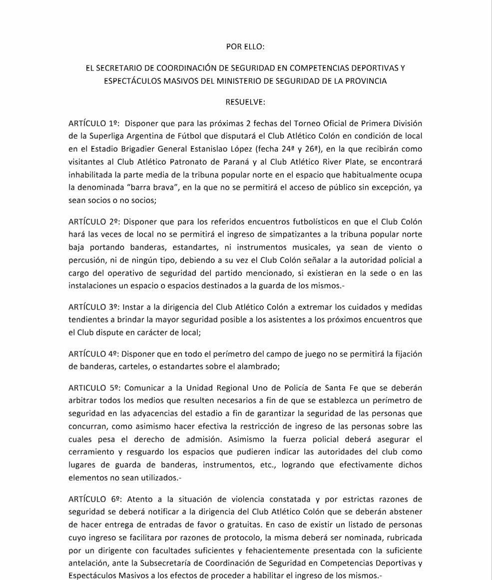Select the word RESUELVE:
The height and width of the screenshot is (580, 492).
(x=245, y=102)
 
